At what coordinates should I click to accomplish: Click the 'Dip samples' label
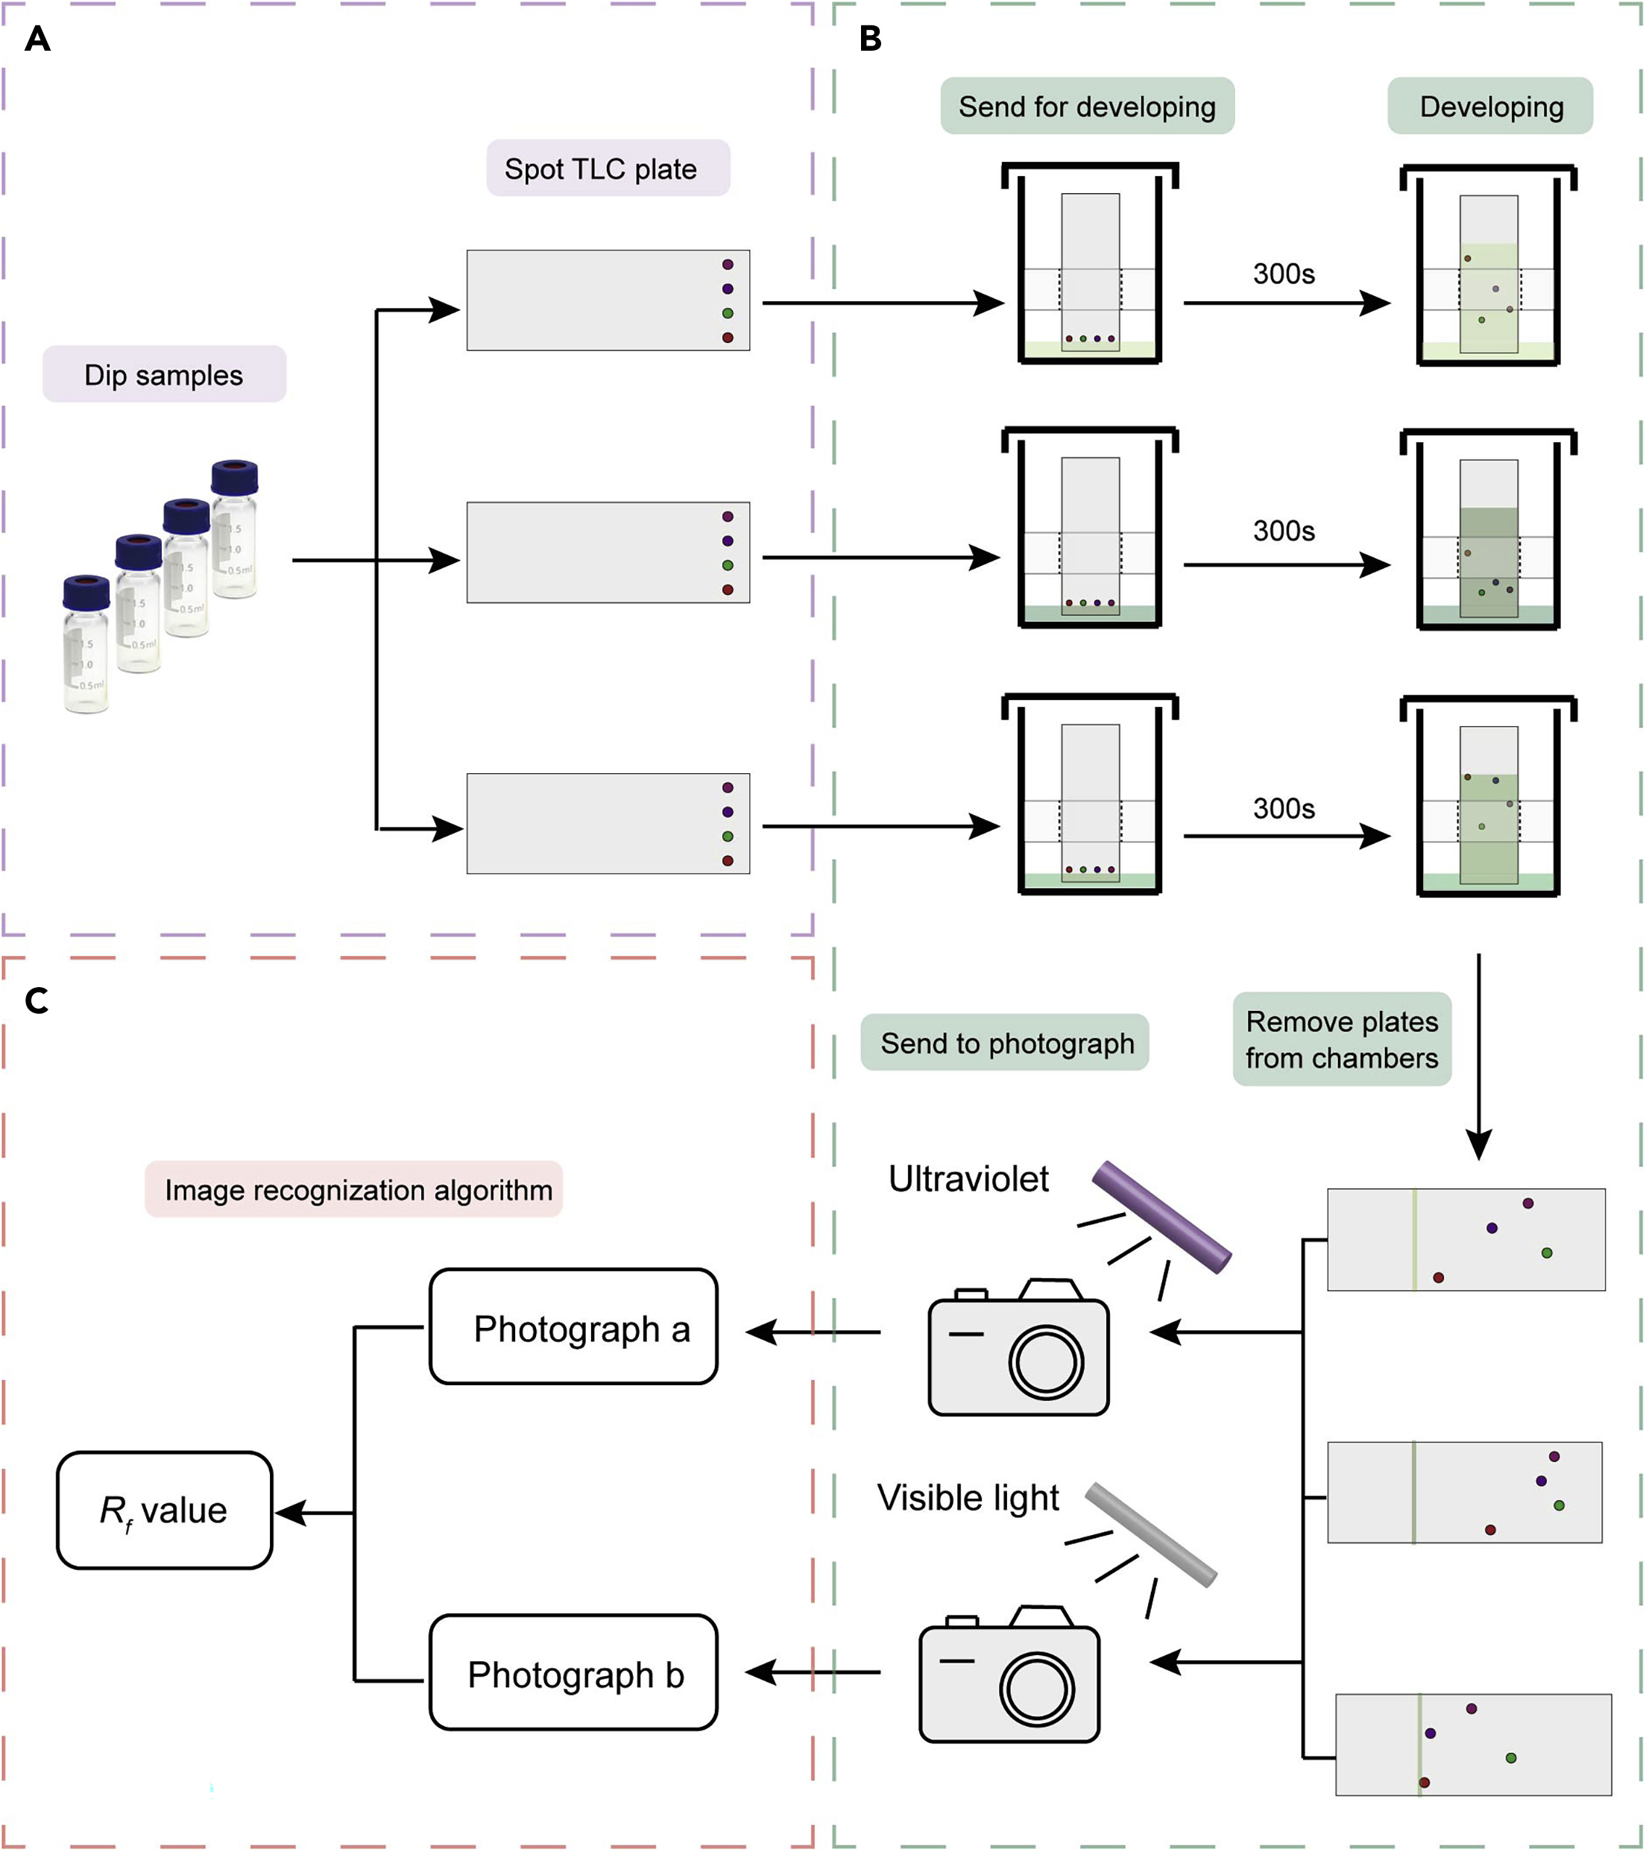click(x=164, y=374)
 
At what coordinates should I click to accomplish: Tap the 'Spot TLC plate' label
click(x=608, y=168)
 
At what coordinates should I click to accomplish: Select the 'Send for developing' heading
click(x=1086, y=107)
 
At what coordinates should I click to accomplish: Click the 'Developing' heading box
click(x=1490, y=107)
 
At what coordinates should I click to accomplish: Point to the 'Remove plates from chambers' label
click(x=1342, y=1039)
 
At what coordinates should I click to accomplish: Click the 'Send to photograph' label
click(x=1006, y=1043)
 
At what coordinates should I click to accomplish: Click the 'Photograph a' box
click(x=573, y=1329)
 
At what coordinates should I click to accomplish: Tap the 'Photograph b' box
click(x=573, y=1675)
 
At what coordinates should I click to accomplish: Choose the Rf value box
click(x=164, y=1511)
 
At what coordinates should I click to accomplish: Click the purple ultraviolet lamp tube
click(x=1161, y=1217)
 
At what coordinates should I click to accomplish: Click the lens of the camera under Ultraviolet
click(x=1047, y=1363)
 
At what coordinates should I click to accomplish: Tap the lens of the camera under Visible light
click(x=1036, y=1689)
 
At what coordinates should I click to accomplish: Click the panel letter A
click(x=37, y=39)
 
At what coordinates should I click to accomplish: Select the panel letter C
click(x=37, y=1001)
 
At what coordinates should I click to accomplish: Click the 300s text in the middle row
click(x=1284, y=531)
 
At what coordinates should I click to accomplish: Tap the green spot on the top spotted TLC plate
click(x=728, y=313)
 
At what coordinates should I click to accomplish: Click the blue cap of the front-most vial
click(x=86, y=593)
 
